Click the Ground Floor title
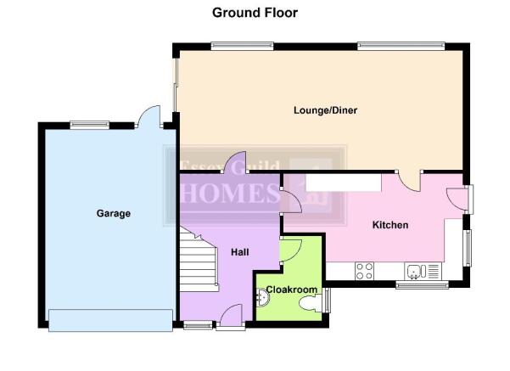pyautogui.click(x=255, y=13)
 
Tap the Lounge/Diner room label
pyautogui.click(x=325, y=110)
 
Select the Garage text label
pyautogui.click(x=114, y=213)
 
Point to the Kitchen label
pyautogui.click(x=390, y=225)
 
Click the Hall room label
pyautogui.click(x=240, y=252)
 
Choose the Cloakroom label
pyautogui.click(x=292, y=289)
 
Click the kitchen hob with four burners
pyautogui.click(x=364, y=271)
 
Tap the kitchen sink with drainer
pyautogui.click(x=423, y=272)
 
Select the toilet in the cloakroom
pyautogui.click(x=311, y=304)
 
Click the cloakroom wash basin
pyautogui.click(x=262, y=297)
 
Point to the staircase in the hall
pyautogui.click(x=199, y=260)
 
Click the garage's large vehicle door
pyautogui.click(x=110, y=320)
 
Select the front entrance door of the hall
pyautogui.click(x=231, y=315)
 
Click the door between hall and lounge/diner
pyautogui.click(x=235, y=162)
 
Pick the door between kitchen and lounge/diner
pyautogui.click(x=409, y=182)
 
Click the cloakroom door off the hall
pyautogui.click(x=291, y=250)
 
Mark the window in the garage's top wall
pyautogui.click(x=90, y=125)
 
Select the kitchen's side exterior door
pyautogui.click(x=457, y=200)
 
